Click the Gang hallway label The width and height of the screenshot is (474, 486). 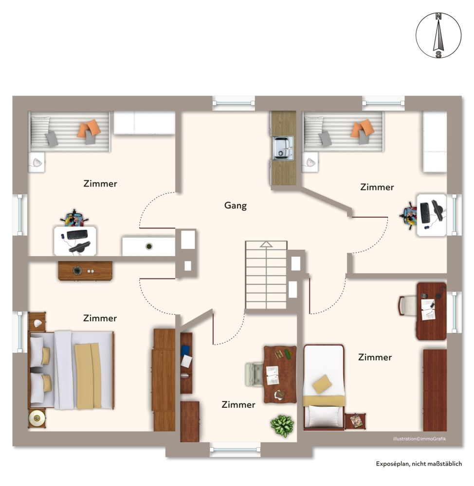pyautogui.click(x=235, y=206)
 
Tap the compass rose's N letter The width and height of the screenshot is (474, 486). pyautogui.click(x=438, y=17)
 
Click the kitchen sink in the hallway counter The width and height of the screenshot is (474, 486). pyautogui.click(x=283, y=148)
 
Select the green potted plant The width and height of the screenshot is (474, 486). pyautogui.click(x=282, y=426)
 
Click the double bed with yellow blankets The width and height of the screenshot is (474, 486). pyautogui.click(x=72, y=370)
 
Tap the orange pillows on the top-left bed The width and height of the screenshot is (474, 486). pyautogui.click(x=90, y=127)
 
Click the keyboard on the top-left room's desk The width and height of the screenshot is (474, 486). pyautogui.click(x=77, y=235)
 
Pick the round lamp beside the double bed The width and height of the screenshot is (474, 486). pyautogui.click(x=37, y=418)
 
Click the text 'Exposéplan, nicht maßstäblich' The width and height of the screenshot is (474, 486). pyautogui.click(x=419, y=464)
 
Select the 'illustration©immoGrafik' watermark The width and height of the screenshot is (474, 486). pyautogui.click(x=419, y=438)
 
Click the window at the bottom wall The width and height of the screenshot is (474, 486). pyautogui.click(x=235, y=450)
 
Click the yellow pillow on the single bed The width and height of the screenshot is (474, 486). pyautogui.click(x=322, y=384)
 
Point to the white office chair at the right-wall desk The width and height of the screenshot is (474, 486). pyautogui.click(x=407, y=306)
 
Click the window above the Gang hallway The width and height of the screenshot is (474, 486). pyautogui.click(x=234, y=103)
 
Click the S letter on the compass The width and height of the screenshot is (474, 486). pyautogui.click(x=438, y=54)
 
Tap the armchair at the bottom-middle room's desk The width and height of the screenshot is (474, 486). pyautogui.click(x=254, y=374)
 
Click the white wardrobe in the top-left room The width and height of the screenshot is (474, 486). pyautogui.click(x=145, y=123)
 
